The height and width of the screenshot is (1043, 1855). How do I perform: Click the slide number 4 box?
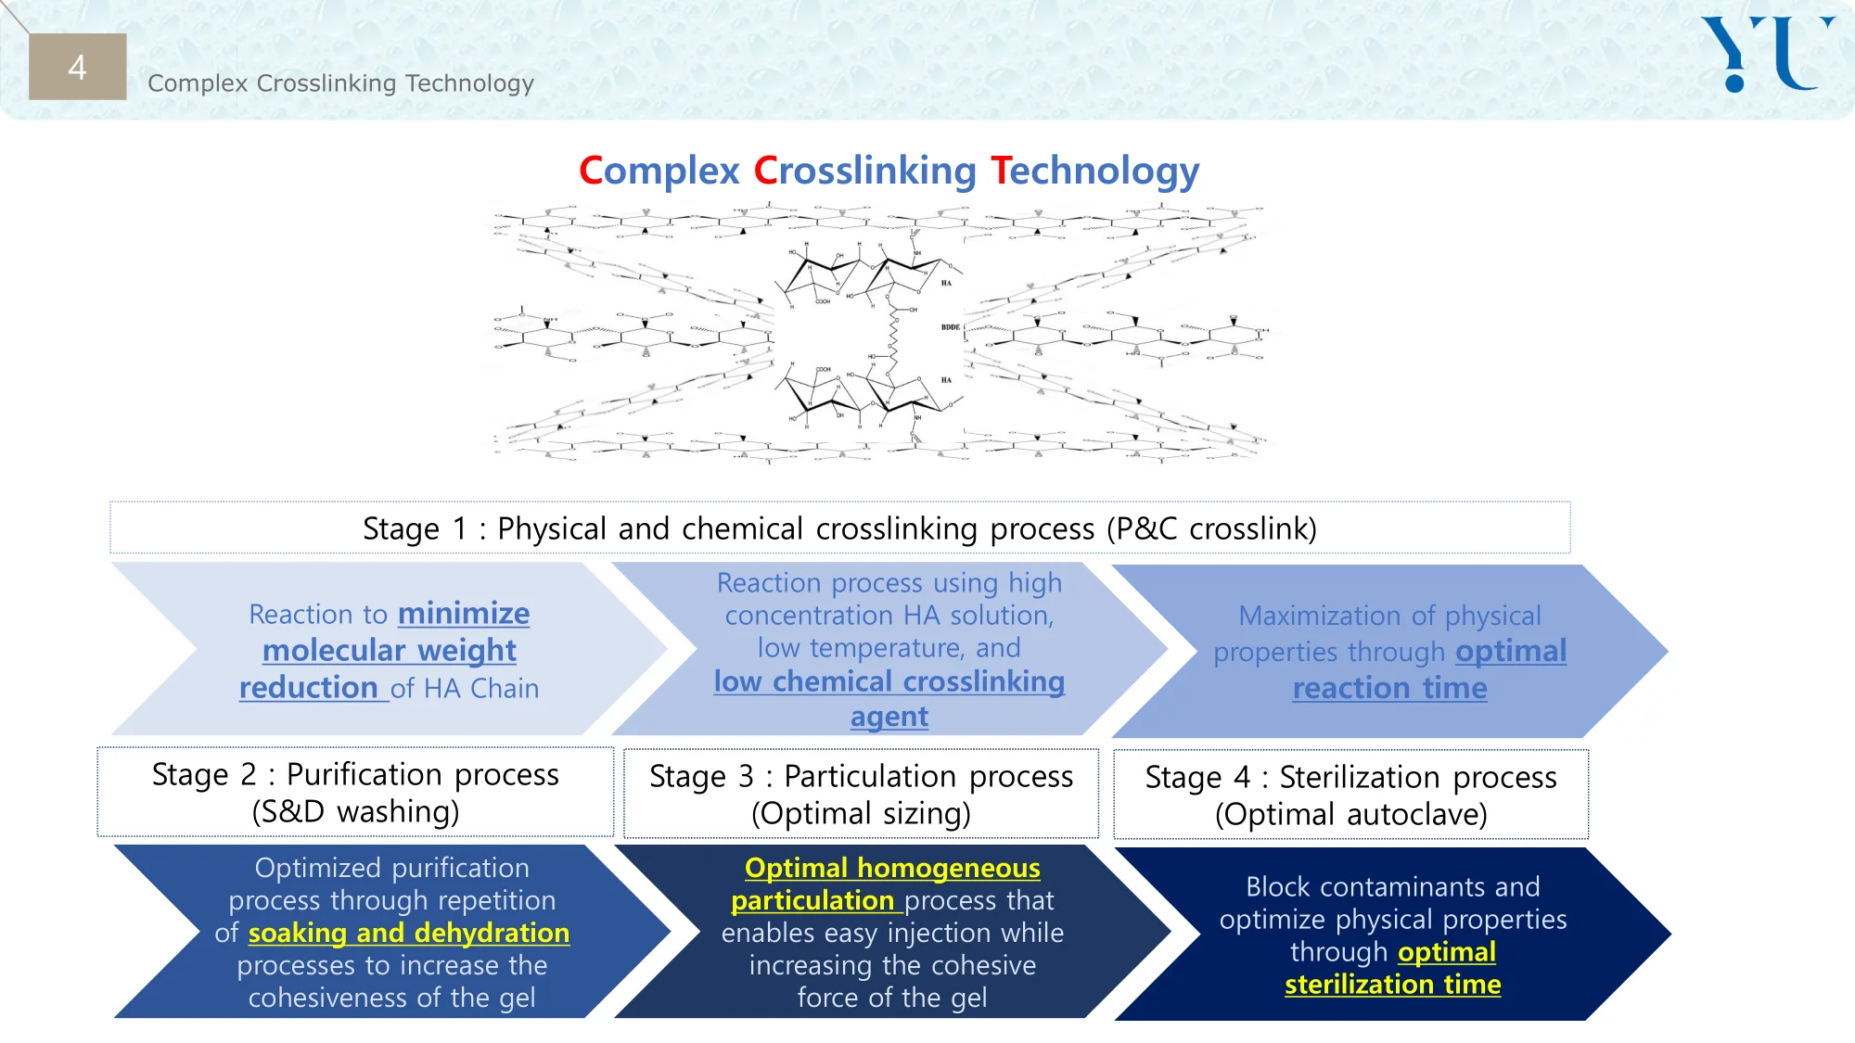click(77, 67)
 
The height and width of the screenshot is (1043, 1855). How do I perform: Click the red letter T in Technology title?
click(1000, 171)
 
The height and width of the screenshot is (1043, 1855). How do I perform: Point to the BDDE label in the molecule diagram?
click(950, 327)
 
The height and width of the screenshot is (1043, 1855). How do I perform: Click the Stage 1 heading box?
click(839, 528)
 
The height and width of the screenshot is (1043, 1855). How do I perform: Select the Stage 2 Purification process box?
click(355, 793)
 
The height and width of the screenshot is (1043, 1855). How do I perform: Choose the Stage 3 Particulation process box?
click(861, 795)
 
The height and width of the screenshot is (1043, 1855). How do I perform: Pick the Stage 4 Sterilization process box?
click(1350, 795)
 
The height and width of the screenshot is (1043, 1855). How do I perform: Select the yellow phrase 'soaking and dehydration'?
click(409, 933)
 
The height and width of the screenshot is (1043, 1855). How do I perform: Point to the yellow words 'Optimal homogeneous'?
click(892, 868)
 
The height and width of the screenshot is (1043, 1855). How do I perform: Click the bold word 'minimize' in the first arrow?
click(464, 614)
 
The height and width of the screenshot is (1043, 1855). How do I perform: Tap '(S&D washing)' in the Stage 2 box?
click(355, 812)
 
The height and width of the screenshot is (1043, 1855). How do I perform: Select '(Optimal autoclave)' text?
click(1350, 815)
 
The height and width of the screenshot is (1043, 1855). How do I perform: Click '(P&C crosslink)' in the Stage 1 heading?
click(1211, 528)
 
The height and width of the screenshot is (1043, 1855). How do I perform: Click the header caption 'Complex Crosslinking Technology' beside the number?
click(340, 83)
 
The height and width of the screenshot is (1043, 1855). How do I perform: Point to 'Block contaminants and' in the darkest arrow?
click(1392, 887)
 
